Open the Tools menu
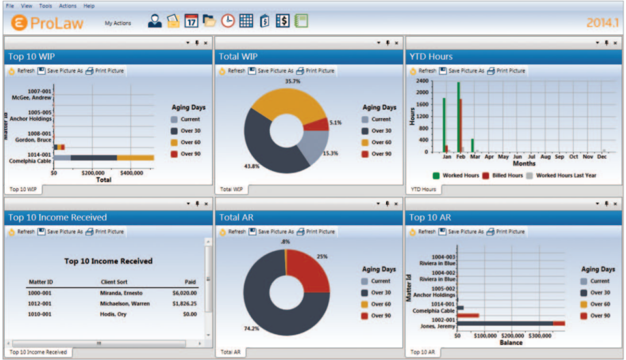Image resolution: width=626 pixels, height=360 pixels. [x=45, y=6]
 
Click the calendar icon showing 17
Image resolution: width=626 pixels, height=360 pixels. [x=191, y=21]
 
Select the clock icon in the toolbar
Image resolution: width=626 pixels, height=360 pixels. [x=228, y=21]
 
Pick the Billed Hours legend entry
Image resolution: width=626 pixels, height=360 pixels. [x=502, y=175]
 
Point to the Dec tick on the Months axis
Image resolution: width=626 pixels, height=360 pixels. [x=602, y=157]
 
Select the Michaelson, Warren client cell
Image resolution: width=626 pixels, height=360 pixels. [x=125, y=303]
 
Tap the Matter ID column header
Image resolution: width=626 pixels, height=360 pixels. [x=40, y=282]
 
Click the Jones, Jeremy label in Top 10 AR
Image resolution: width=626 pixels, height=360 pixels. [x=437, y=326]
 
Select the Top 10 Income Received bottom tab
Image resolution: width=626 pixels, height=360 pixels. [x=38, y=352]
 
